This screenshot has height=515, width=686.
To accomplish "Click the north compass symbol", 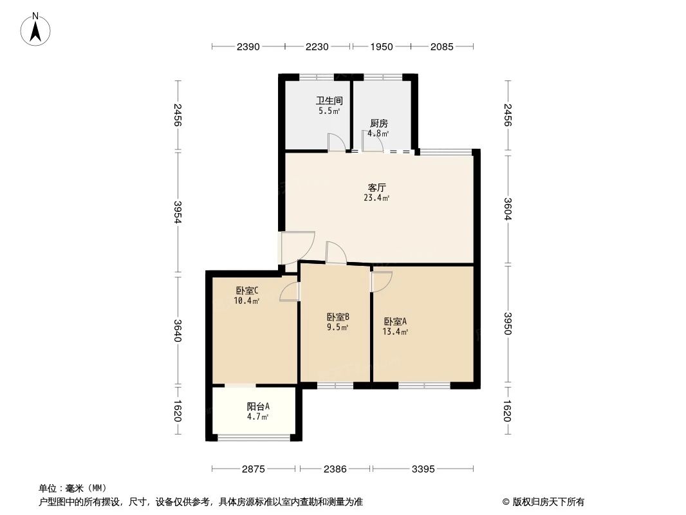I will [x=37, y=29].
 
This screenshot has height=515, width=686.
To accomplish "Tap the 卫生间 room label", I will [x=328, y=101].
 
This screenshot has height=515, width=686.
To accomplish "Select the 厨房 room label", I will [x=378, y=124].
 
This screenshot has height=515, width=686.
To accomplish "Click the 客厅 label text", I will [x=376, y=188].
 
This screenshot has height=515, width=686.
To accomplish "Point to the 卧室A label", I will [x=395, y=321].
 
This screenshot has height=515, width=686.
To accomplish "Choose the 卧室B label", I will [x=337, y=317].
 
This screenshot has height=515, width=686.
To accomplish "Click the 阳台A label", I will [x=258, y=406].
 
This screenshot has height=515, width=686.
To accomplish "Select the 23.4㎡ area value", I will [x=376, y=198].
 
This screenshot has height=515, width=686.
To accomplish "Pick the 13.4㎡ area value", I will [x=395, y=332].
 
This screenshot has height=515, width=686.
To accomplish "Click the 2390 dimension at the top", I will [x=248, y=46].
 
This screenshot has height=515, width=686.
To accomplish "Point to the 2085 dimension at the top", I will [x=442, y=46].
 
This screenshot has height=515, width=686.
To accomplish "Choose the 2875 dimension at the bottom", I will [x=254, y=469].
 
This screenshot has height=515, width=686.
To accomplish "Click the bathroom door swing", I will [x=336, y=143].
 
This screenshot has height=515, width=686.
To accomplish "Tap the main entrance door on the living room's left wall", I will [x=296, y=248].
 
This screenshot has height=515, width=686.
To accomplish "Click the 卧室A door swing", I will [x=381, y=281].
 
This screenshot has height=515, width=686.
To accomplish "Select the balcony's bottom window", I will [x=254, y=438].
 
